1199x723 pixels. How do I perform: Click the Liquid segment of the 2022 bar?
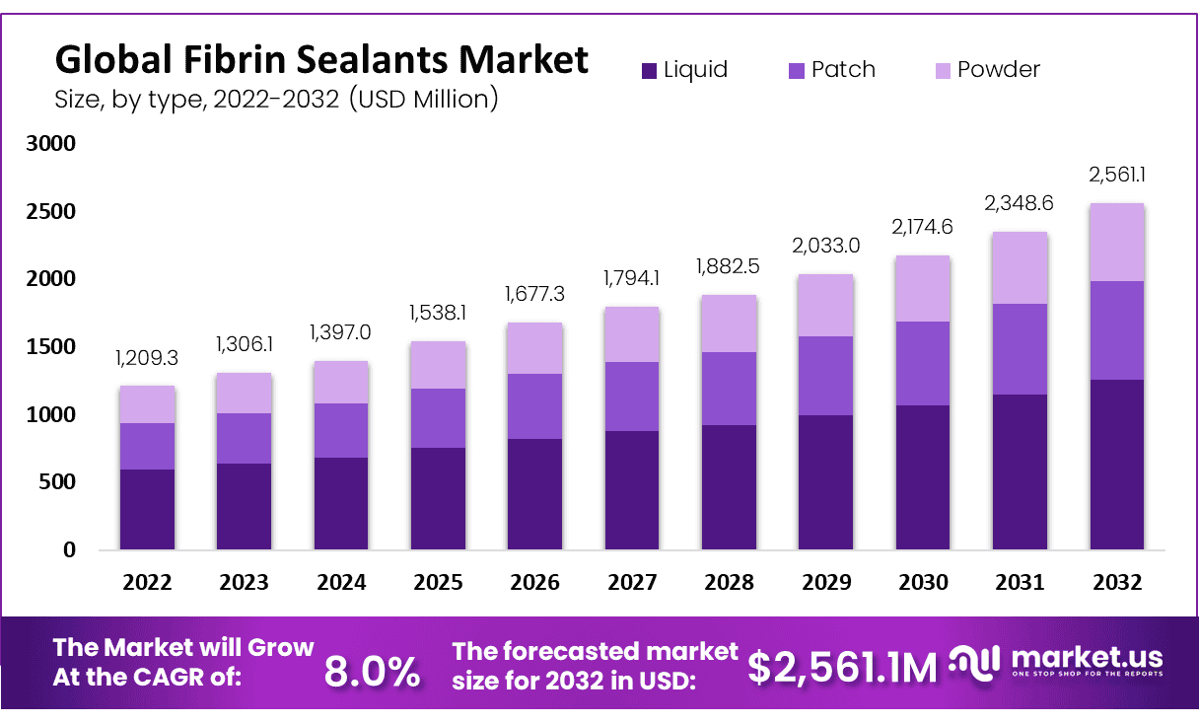[x=147, y=509]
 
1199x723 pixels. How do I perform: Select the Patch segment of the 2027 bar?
[x=632, y=397]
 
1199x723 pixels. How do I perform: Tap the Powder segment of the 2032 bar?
[x=1116, y=243]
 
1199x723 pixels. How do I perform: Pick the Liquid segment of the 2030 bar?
[x=923, y=476]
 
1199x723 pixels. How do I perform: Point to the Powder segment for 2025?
[x=438, y=365]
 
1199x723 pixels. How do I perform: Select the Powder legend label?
[x=999, y=70]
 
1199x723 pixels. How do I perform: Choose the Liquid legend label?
[x=695, y=70]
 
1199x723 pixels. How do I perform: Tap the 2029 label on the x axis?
[x=826, y=582]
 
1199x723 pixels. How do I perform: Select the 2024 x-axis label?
[x=341, y=582]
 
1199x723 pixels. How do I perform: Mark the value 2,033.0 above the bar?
[x=826, y=245]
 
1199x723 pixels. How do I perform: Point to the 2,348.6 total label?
[x=1020, y=203]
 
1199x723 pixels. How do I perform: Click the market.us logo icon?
[x=976, y=662]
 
